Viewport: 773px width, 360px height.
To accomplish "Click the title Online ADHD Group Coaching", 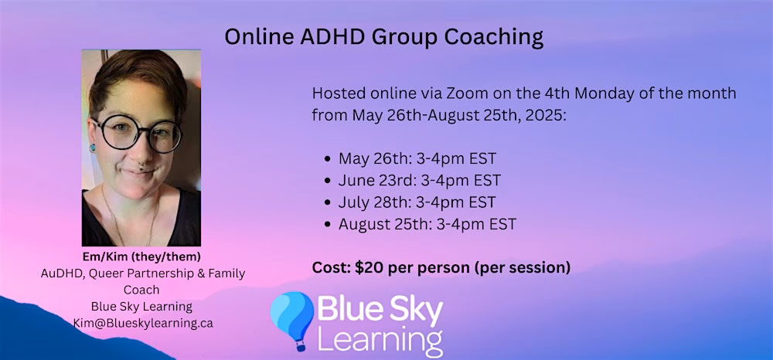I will [383, 36].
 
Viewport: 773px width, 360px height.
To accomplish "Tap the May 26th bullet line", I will [417, 159].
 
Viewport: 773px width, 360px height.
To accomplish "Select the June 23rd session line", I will [419, 181].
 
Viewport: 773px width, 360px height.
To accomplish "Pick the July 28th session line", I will [417, 202].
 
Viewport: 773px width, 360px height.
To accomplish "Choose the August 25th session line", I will [427, 225].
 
